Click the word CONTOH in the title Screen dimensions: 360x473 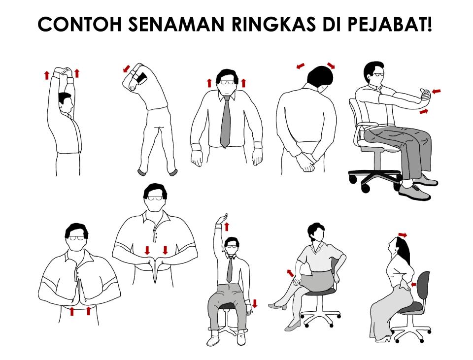(x=78, y=25)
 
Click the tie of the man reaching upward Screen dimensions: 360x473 (x=230, y=269)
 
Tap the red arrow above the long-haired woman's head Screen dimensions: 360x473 (x=403, y=235)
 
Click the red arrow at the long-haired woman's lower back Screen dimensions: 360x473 (x=413, y=284)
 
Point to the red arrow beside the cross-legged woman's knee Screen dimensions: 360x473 (x=291, y=273)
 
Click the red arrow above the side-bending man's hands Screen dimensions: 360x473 (x=127, y=68)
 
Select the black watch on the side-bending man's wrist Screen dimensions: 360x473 (x=141, y=78)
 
